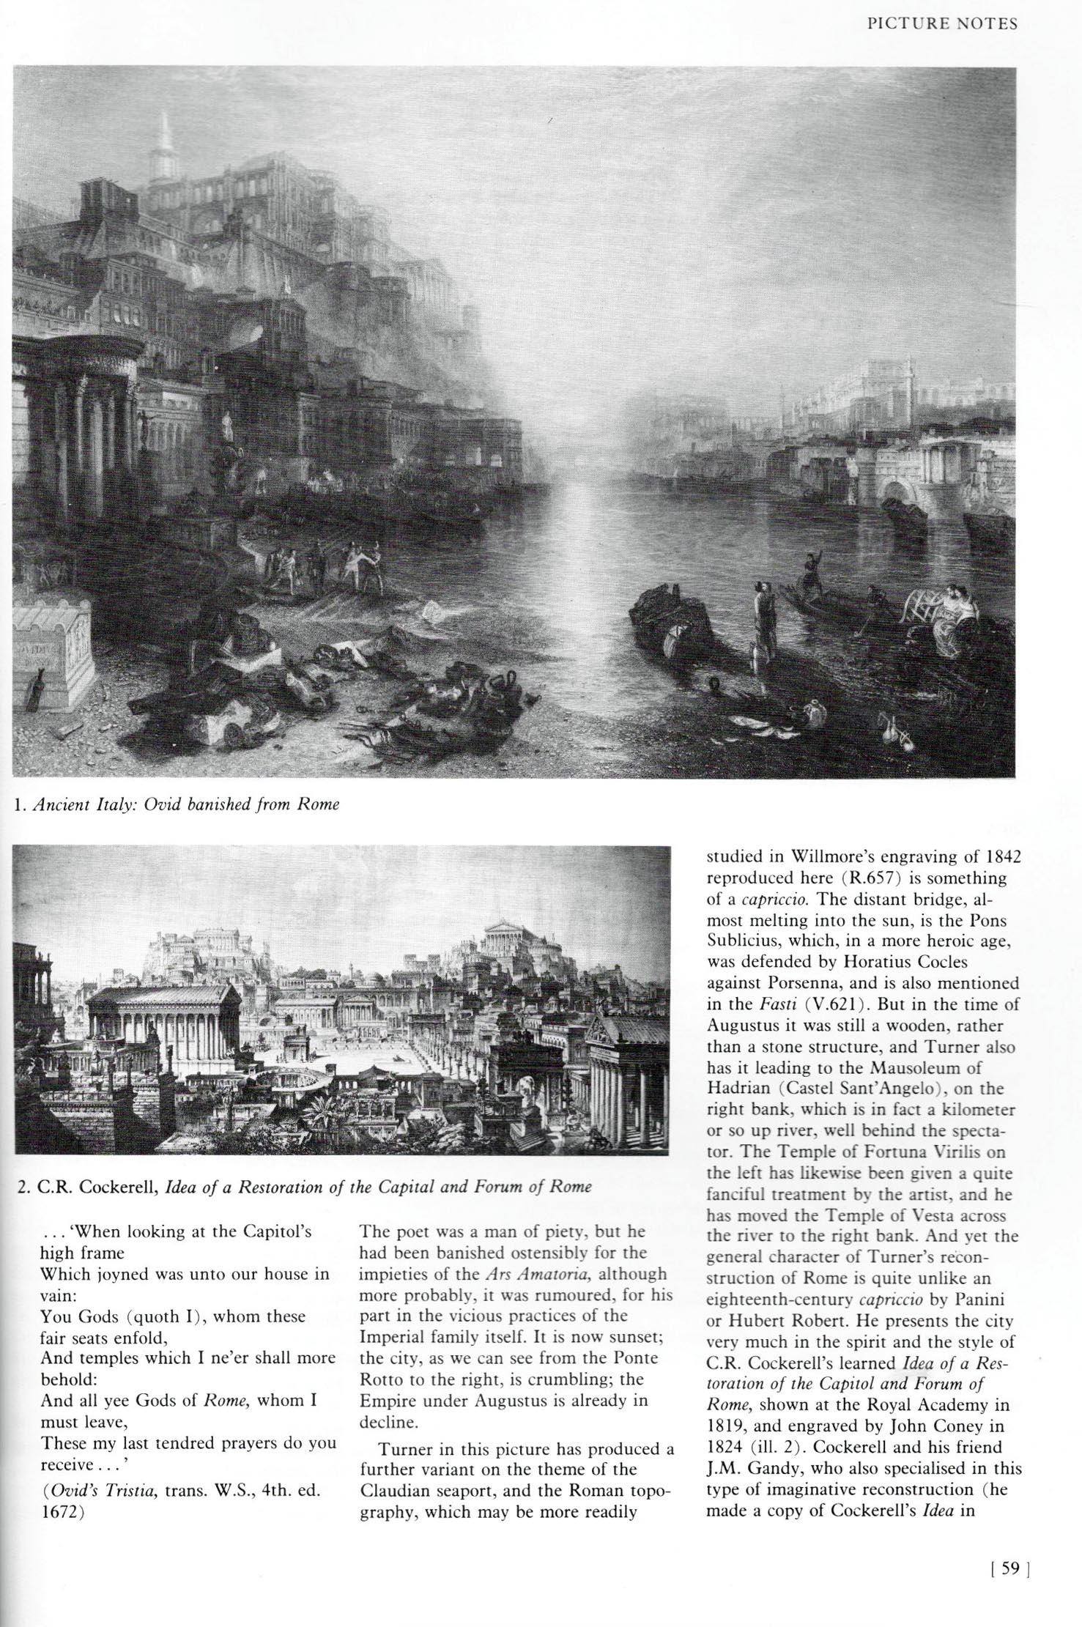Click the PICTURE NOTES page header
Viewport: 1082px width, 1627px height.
click(x=942, y=23)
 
